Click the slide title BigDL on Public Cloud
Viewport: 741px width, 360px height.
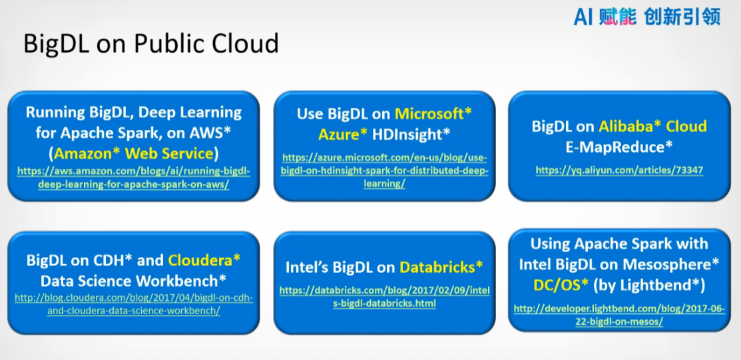(x=150, y=43)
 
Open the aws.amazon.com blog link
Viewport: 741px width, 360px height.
(x=134, y=177)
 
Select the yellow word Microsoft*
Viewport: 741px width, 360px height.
(x=433, y=113)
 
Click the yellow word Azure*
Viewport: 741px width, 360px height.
(x=343, y=134)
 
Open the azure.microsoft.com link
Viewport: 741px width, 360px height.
(x=384, y=170)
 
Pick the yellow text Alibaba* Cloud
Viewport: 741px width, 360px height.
(x=652, y=126)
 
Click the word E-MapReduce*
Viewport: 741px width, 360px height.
(x=619, y=146)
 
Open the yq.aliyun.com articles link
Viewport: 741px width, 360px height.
(x=619, y=170)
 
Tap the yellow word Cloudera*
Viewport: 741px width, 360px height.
(x=204, y=260)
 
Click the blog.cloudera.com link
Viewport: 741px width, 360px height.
(x=134, y=304)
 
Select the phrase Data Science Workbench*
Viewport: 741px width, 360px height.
(x=134, y=279)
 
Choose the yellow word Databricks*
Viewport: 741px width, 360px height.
(x=441, y=268)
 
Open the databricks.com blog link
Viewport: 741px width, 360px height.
(x=384, y=297)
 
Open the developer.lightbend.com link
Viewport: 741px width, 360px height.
(x=619, y=315)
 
